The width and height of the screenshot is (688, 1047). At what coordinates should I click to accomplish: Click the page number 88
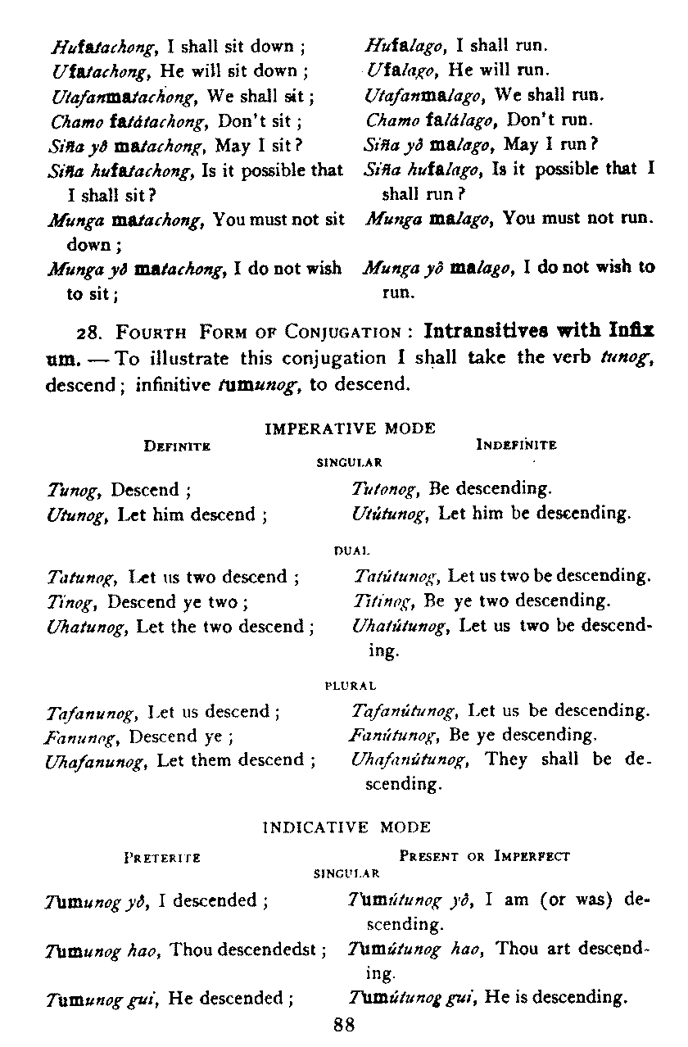pyautogui.click(x=343, y=1023)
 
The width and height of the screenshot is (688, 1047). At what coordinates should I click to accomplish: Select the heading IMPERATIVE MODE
pyautogui.click(x=351, y=428)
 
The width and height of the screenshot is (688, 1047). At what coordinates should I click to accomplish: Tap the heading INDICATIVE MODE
pyautogui.click(x=346, y=827)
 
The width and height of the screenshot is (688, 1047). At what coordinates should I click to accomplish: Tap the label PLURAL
pyautogui.click(x=351, y=685)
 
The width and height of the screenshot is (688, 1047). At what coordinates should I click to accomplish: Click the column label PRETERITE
pyautogui.click(x=162, y=857)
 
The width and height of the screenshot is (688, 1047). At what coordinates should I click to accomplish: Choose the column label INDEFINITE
pyautogui.click(x=516, y=445)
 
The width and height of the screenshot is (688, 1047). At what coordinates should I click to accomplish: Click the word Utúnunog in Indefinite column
pyautogui.click(x=388, y=514)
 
